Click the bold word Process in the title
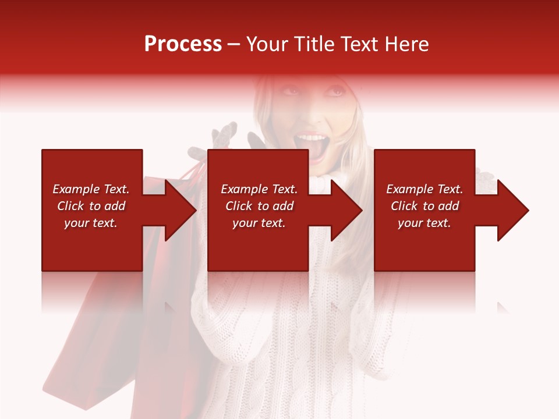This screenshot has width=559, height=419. [x=183, y=44]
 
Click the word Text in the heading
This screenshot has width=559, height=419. [x=360, y=44]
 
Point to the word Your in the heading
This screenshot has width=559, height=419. [x=267, y=44]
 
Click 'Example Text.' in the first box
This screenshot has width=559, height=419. [x=91, y=189]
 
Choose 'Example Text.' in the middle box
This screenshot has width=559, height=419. [x=259, y=189]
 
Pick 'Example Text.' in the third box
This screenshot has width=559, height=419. [x=424, y=189]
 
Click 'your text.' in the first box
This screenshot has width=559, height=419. [x=91, y=223]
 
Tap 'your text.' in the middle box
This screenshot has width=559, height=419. [x=259, y=223]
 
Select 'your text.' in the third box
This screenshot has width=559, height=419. [x=424, y=223]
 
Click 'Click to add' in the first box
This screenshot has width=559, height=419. [x=91, y=206]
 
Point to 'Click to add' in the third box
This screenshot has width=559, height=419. [x=424, y=206]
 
